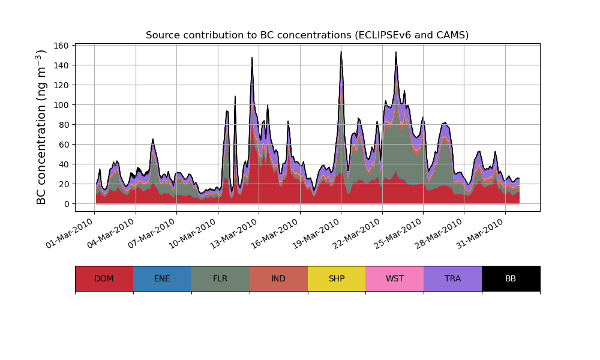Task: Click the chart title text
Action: [307, 35]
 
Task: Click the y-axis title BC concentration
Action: [41, 127]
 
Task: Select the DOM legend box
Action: [104, 278]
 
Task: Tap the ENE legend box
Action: [162, 278]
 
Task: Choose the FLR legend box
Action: [220, 278]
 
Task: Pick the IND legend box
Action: [278, 278]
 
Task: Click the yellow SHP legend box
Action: [337, 278]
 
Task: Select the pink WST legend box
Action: [395, 278]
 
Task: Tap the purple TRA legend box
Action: [453, 278]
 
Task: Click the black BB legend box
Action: [511, 278]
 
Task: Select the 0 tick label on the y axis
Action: [67, 204]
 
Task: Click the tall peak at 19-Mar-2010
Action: [341, 53]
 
